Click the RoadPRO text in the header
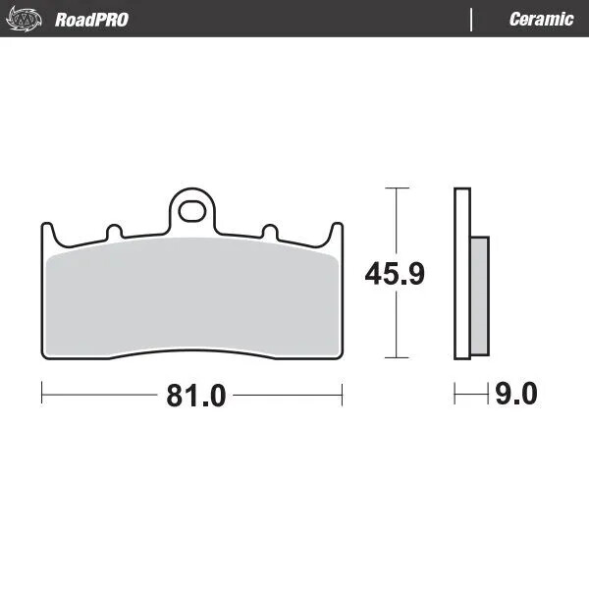tap(91, 20)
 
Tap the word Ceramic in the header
tap(541, 20)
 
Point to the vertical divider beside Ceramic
tap(472, 20)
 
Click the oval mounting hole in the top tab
tap(193, 210)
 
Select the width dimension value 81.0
tap(195, 396)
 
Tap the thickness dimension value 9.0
tap(516, 396)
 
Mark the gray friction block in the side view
tap(478, 294)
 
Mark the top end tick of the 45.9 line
tap(395, 187)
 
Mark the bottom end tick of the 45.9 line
tap(395, 359)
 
